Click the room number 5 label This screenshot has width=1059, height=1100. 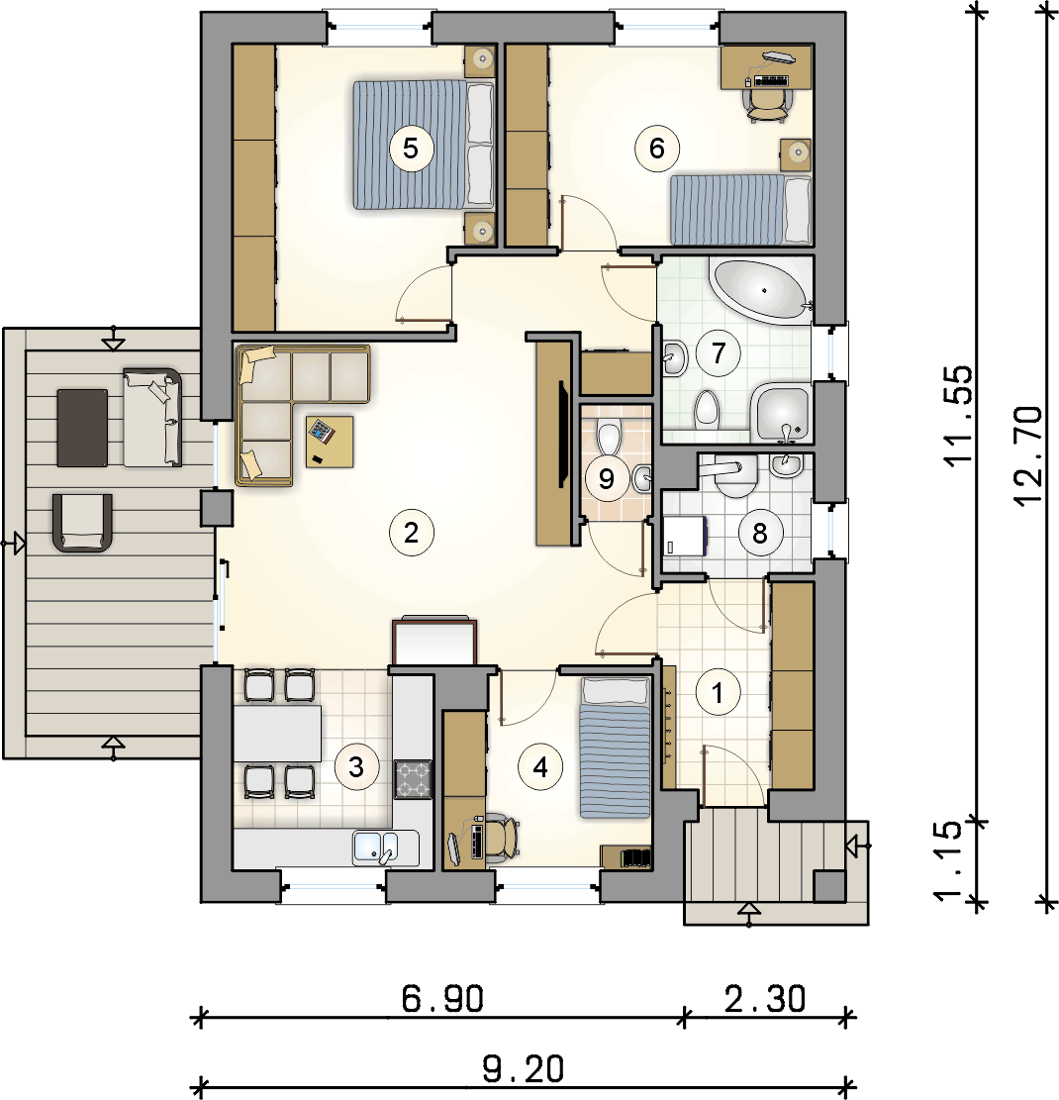tap(411, 149)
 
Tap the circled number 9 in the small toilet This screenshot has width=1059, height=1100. tap(607, 479)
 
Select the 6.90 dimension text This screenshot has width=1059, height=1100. tap(442, 998)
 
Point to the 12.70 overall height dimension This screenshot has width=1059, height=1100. tap(1029, 456)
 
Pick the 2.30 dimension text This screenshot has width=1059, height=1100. tap(765, 998)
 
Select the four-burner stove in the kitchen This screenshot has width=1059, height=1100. tap(413, 778)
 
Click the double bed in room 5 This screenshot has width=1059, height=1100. tap(423, 145)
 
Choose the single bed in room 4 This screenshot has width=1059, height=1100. tap(615, 748)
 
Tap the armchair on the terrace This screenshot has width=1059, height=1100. tap(82, 523)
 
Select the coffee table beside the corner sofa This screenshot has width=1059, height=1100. tap(329, 442)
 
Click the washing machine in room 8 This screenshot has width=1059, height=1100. tap(685, 536)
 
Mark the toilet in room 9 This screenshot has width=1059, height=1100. tap(609, 438)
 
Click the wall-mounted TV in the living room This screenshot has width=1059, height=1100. tap(562, 434)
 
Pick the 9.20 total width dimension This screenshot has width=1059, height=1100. tap(524, 1068)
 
